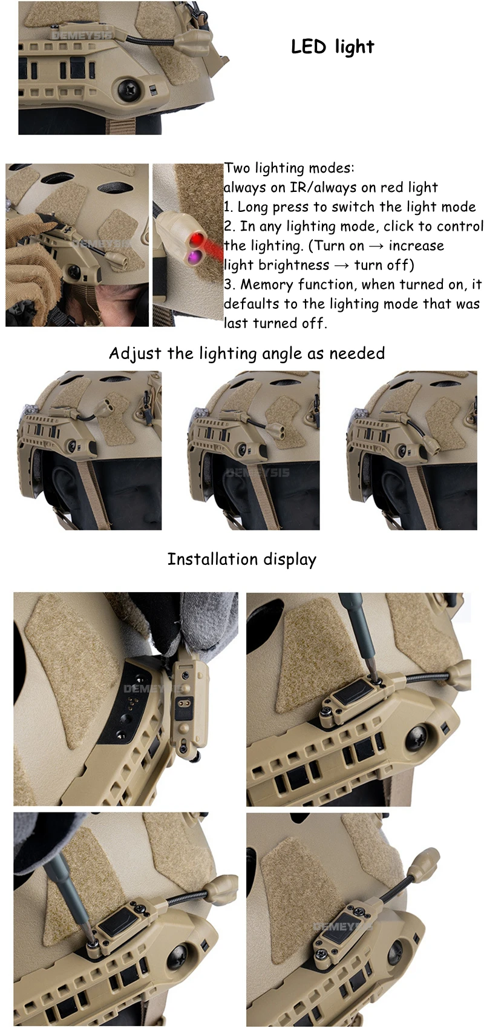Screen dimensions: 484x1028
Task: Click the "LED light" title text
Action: coord(333,47)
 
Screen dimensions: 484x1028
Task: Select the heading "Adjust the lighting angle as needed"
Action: coord(247,354)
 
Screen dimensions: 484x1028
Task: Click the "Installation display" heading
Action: coord(242,559)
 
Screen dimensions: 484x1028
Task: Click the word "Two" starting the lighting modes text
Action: coord(238,168)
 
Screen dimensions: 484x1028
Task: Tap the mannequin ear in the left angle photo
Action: coord(59,482)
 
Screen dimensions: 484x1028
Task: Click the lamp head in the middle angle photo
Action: coord(275,431)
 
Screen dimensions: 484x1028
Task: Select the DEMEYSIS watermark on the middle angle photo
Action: coord(258,472)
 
